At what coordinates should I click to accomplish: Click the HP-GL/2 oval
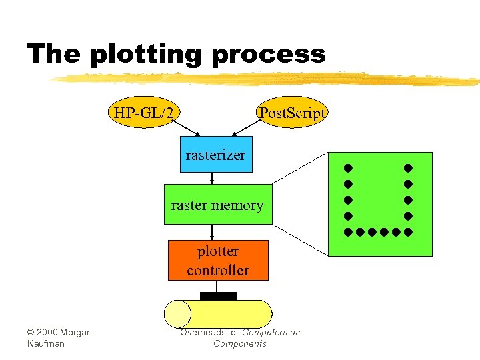click(145, 113)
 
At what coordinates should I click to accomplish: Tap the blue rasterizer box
click(216, 155)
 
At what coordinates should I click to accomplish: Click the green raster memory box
click(218, 205)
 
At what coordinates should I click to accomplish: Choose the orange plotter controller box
click(218, 261)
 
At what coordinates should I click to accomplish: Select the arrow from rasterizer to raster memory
click(212, 178)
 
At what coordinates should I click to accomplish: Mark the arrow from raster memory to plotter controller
click(212, 232)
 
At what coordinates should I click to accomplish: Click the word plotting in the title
click(147, 54)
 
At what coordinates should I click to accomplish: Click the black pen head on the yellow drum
click(218, 296)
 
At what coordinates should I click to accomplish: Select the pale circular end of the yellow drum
click(177, 314)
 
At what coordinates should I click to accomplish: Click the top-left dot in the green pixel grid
click(347, 168)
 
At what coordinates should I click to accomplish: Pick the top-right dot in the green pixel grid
click(408, 168)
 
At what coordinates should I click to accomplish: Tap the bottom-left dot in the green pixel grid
click(347, 232)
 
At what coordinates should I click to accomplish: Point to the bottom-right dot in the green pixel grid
click(408, 232)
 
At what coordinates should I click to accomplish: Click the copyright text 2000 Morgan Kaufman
click(59, 337)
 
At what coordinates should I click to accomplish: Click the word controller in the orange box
click(218, 271)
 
